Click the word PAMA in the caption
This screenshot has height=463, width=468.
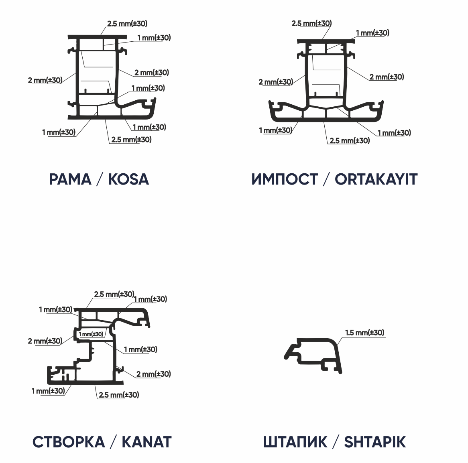click(x=70, y=179)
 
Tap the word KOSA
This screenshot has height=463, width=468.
click(x=128, y=179)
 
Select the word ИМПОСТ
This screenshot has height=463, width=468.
click(x=285, y=179)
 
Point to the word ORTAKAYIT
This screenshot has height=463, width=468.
click(x=376, y=179)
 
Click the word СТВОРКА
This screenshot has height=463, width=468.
click(x=69, y=442)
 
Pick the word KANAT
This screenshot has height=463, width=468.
click(x=147, y=442)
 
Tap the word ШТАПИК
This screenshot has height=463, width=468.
click(x=295, y=442)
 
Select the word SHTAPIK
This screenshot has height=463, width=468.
click(x=375, y=442)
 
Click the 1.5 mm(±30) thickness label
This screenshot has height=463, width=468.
click(x=365, y=333)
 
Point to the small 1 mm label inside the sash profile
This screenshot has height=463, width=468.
click(x=91, y=334)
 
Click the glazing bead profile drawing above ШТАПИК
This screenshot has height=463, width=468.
click(x=313, y=355)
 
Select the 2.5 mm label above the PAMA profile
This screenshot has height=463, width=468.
click(x=128, y=24)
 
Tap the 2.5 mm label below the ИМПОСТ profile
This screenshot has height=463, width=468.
click(x=350, y=140)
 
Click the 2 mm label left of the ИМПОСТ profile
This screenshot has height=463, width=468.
click(x=276, y=82)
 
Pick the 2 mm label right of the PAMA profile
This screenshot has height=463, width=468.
click(x=152, y=73)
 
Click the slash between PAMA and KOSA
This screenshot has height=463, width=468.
click(x=100, y=179)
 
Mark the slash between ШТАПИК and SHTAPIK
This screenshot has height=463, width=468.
click(x=336, y=442)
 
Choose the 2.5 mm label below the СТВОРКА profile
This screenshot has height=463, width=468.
click(x=119, y=395)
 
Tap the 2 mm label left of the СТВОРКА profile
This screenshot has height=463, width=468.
click(x=45, y=341)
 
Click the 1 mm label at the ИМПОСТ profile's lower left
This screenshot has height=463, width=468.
click(x=275, y=130)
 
